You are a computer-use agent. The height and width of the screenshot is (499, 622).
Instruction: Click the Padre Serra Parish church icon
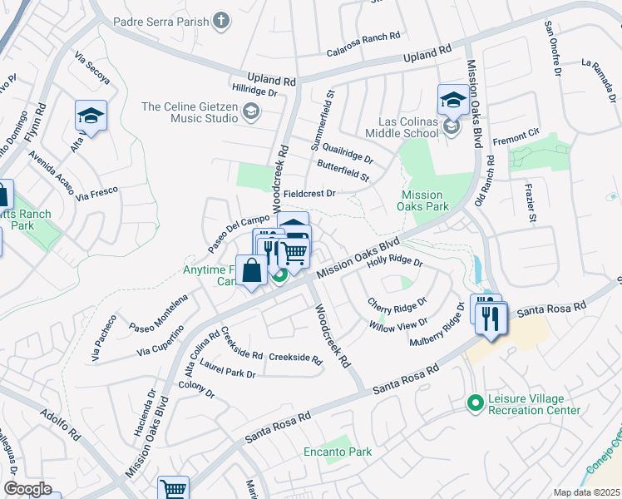[221, 20]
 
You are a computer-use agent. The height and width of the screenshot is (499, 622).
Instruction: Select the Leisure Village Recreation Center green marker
[475, 403]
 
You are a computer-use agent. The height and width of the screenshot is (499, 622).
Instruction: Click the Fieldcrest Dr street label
[309, 193]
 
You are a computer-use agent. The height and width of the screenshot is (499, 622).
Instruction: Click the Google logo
[27, 489]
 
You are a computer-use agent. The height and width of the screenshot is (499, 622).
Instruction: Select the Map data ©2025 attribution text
[587, 492]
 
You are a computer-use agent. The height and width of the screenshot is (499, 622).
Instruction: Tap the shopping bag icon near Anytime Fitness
[251, 271]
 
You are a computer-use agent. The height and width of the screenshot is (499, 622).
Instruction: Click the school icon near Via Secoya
[91, 116]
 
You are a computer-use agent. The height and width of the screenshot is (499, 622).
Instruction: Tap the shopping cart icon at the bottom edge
[173, 489]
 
